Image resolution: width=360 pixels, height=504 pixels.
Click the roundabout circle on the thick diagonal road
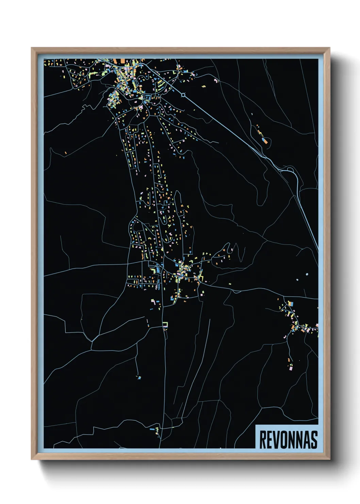tap(183, 95)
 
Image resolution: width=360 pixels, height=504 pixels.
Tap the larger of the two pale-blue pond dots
tap(307, 274)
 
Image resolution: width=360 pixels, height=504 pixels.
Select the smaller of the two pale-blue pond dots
tap(297, 280)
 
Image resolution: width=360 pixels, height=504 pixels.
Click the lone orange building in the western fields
tap(66, 153)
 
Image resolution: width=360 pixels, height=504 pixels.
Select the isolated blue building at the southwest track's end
tap(139, 377)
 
